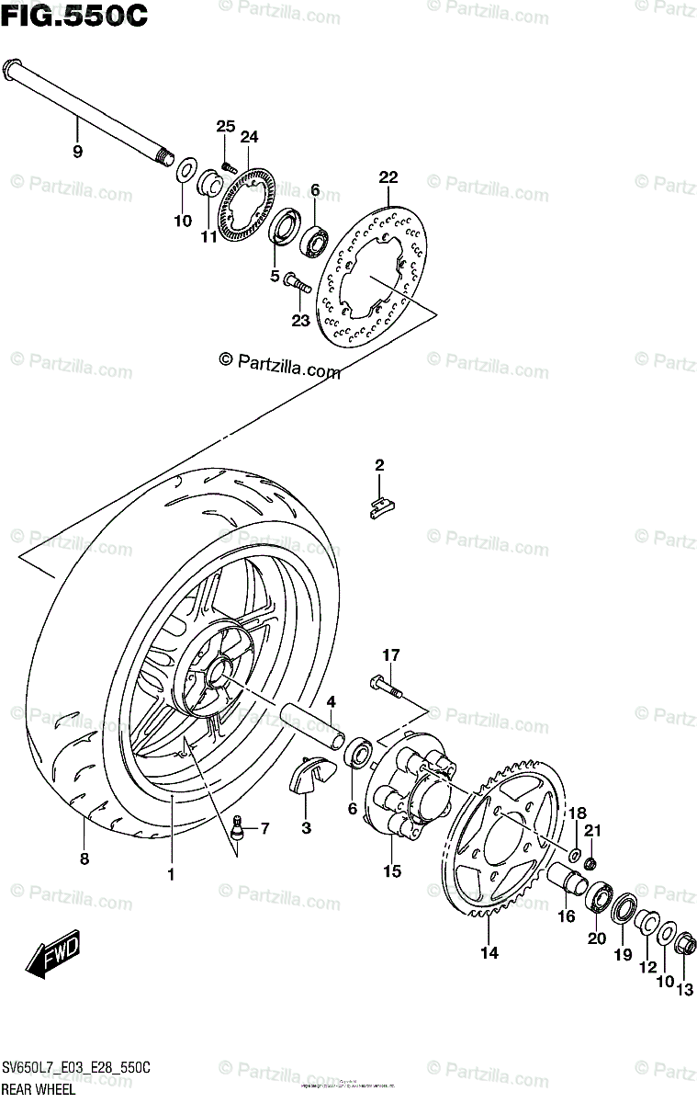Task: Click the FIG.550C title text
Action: pos(73,16)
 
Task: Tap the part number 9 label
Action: pos(77,152)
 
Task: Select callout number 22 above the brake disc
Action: pos(388,177)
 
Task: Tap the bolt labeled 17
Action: pos(386,685)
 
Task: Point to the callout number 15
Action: pos(392,871)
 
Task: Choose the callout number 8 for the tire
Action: pos(84,859)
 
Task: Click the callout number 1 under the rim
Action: pos(171,874)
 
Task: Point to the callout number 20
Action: pos(597,938)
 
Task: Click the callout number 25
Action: pos(226,126)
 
